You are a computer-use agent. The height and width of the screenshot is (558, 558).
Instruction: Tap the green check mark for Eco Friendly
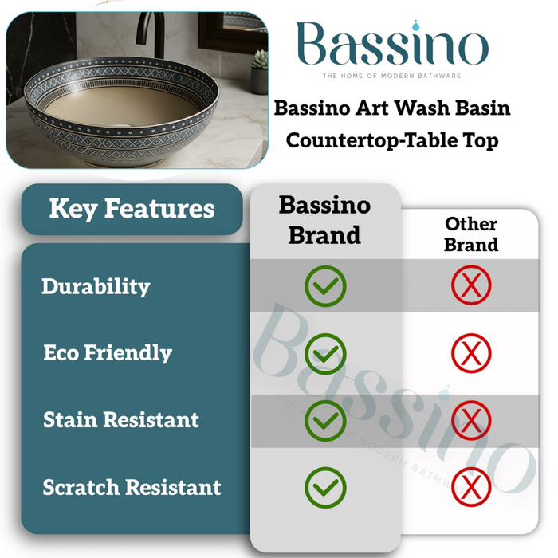pos(325,353)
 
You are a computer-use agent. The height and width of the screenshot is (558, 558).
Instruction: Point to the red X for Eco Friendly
pos(471,353)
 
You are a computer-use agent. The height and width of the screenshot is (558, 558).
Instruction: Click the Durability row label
pos(96,286)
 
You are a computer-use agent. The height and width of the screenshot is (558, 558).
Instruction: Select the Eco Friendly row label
pos(108,353)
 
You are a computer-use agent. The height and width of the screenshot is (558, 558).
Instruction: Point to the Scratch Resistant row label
pos(132,487)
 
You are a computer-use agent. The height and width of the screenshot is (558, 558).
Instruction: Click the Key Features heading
pos(132,210)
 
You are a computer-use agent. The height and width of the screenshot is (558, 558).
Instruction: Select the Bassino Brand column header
pos(324,220)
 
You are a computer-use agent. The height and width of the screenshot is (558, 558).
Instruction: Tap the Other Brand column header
pos(471,234)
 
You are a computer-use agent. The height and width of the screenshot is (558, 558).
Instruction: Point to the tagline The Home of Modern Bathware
pos(391,76)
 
